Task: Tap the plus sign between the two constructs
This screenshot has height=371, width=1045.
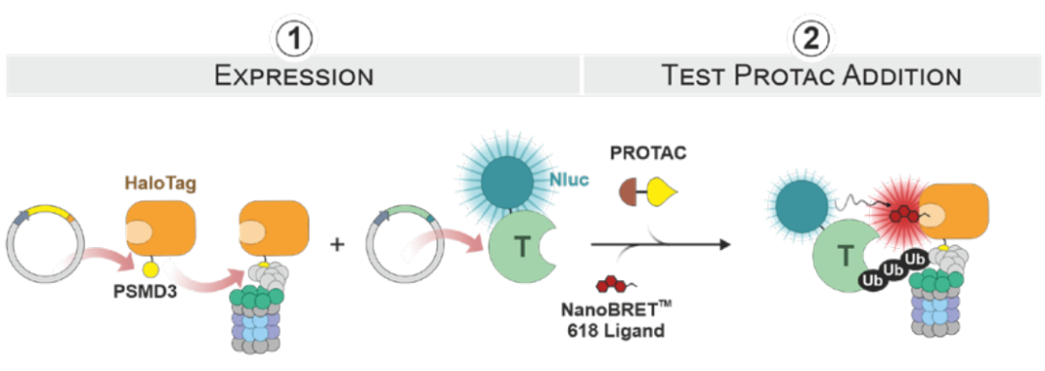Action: (338, 245)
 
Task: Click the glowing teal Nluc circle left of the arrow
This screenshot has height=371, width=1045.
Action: (505, 180)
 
